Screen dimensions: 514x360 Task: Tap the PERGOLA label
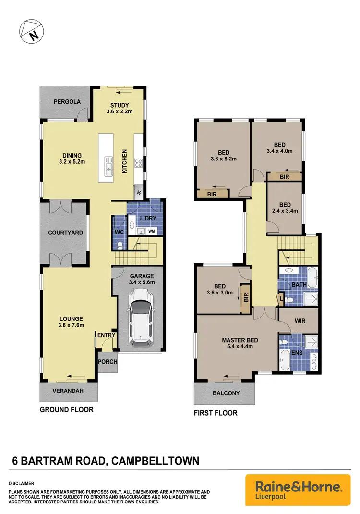67,102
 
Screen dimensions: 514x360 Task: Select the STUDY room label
119,106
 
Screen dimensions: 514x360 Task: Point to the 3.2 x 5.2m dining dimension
72,162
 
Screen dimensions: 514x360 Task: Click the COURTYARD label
66,233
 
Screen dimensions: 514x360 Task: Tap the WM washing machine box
152,232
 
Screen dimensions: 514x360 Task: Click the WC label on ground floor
120,233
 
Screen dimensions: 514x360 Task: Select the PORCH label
108,362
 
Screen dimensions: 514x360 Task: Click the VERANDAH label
68,391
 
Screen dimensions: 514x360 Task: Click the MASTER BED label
240,341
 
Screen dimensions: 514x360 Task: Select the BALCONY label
226,393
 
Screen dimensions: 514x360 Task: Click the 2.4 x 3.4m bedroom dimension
285,210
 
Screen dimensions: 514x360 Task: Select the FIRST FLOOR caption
216,413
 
